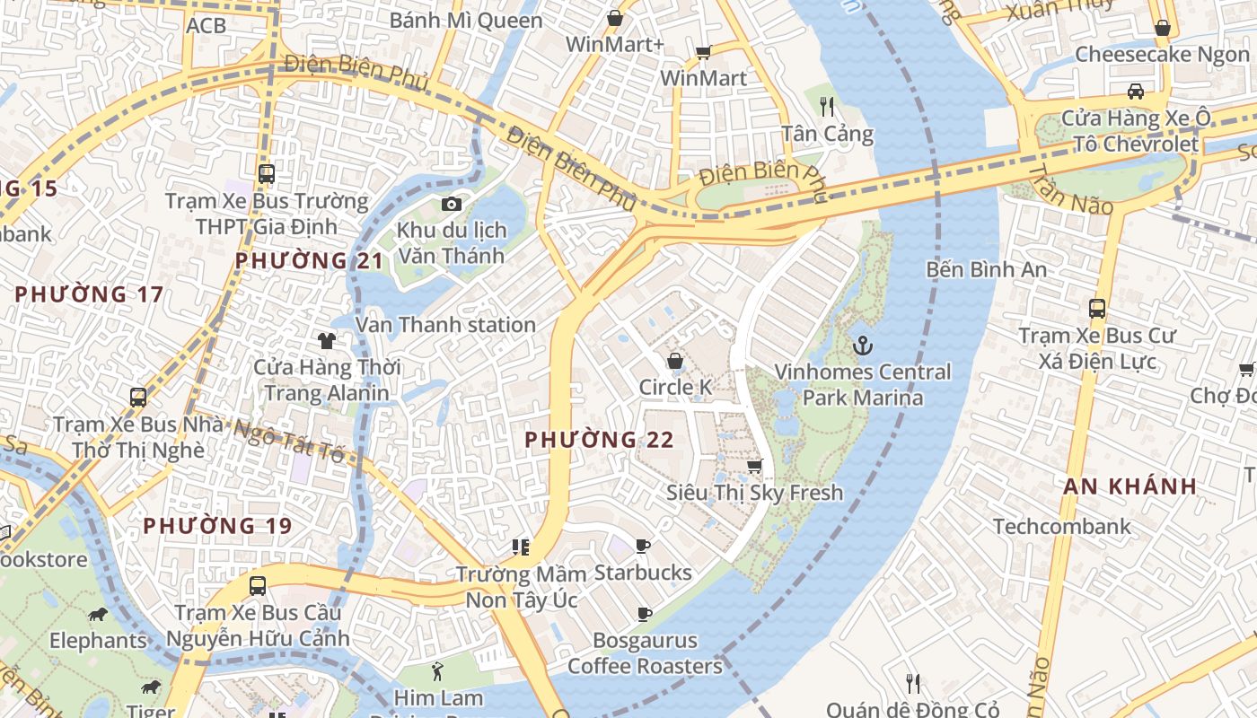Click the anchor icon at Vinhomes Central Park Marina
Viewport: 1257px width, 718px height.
[863, 345]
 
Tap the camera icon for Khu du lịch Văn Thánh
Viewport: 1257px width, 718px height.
[452, 205]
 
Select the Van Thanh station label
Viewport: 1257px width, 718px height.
[446, 325]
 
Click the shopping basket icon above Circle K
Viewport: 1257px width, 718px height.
[674, 361]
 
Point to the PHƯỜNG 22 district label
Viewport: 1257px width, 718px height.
[599, 440]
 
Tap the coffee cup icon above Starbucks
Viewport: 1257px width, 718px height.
[643, 546]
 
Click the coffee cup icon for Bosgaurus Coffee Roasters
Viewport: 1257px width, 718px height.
[644, 614]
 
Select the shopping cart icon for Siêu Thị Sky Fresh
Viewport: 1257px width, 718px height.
[755, 466]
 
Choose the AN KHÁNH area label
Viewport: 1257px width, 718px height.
[1130, 486]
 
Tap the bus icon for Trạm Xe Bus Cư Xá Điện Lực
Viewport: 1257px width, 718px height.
[1096, 309]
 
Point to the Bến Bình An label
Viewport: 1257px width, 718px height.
[987, 269]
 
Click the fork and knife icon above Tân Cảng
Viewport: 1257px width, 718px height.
[827, 107]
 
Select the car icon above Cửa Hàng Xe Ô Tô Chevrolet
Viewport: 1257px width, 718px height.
[1136, 91]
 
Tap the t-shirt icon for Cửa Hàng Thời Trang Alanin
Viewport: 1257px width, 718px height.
[327, 341]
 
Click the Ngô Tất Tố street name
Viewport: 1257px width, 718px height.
[289, 439]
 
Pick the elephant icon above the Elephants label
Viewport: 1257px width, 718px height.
[98, 615]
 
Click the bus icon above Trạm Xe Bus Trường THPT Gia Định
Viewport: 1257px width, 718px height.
[266, 174]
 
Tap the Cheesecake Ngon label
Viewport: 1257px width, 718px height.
[1162, 54]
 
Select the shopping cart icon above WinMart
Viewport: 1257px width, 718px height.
[704, 52]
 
